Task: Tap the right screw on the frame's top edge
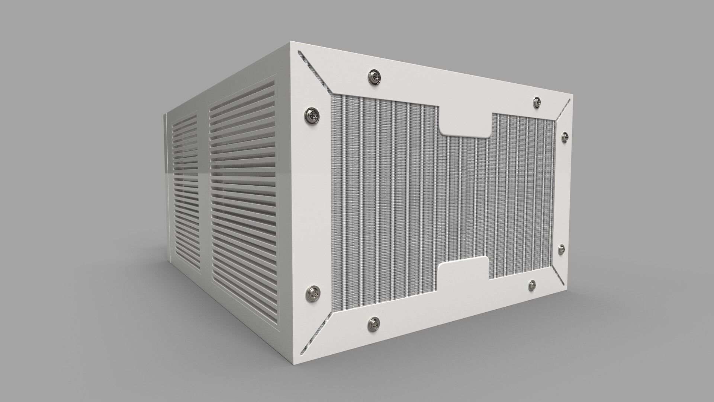(x=537, y=102)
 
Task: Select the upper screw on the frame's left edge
(x=312, y=115)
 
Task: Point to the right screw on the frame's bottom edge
(x=532, y=285)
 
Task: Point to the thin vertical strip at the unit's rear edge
(x=165, y=186)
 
